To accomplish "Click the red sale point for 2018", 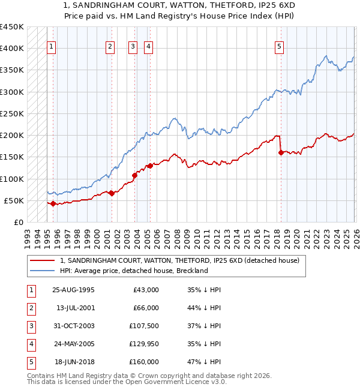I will (x=281, y=153).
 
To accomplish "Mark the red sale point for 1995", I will (x=53, y=203).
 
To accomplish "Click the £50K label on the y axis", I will (x=14, y=200).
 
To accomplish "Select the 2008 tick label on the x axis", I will (x=176, y=234).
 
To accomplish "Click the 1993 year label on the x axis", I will (x=27, y=234).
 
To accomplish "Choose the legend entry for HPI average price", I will (x=133, y=271).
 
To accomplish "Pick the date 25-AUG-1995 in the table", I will (x=73, y=290).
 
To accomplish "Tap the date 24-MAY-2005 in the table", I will (x=73, y=344).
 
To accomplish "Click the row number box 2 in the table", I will (x=30, y=308).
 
